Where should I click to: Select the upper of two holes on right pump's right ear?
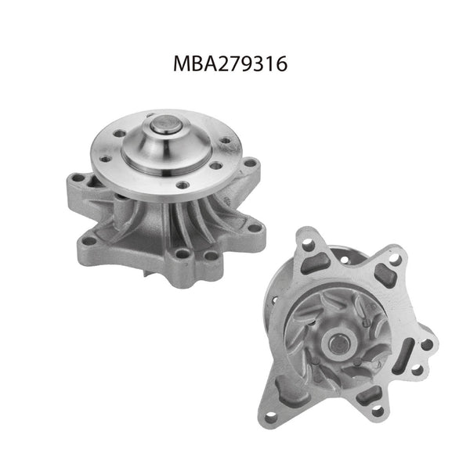[425, 343]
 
